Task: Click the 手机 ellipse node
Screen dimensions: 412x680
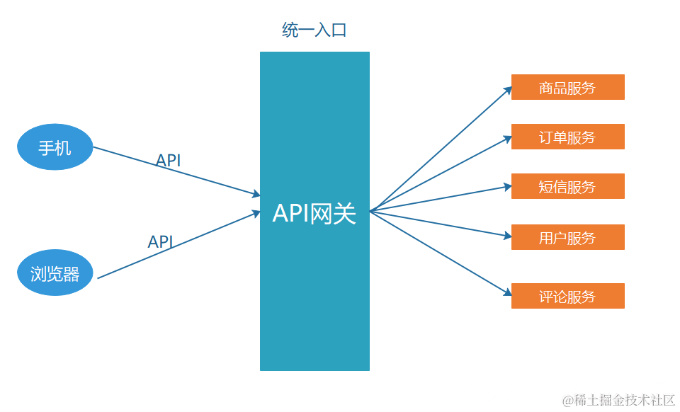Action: coord(55,148)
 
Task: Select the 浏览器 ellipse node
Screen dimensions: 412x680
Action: coord(55,274)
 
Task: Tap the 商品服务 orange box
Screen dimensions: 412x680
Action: coord(567,87)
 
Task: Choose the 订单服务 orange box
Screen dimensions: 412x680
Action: coord(567,137)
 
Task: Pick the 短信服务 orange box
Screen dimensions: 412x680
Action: coord(567,186)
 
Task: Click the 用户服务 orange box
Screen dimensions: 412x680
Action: coord(567,237)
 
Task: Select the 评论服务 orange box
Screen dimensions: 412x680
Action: coord(567,296)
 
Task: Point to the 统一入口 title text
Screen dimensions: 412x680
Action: coord(314,30)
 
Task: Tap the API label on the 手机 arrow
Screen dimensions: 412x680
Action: coord(169,161)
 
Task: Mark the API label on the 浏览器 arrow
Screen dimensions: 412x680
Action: coord(160,241)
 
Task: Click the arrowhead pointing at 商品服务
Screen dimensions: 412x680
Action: coord(507,89)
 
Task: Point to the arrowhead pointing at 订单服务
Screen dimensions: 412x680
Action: coord(507,139)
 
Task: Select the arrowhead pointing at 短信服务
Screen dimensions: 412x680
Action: coord(507,187)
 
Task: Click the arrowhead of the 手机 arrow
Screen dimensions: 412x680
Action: coord(256,195)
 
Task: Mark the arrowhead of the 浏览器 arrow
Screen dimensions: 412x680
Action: coord(256,213)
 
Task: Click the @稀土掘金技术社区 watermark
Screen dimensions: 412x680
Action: coord(618,400)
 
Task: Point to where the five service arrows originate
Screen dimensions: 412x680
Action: coord(371,210)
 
